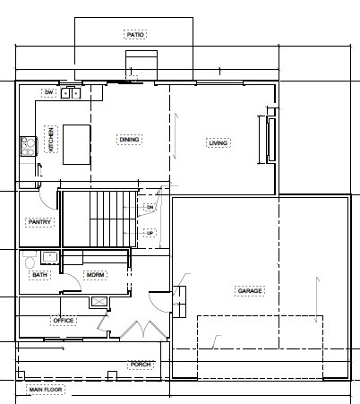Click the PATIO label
pyautogui.click(x=135, y=35)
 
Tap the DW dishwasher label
pyautogui.click(x=48, y=92)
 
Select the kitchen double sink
pyautogui.click(x=71, y=93)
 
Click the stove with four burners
pyautogui.click(x=28, y=146)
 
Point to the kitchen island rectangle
pyautogui.click(x=77, y=144)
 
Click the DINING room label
pyautogui.click(x=129, y=140)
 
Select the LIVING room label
pyautogui.click(x=219, y=143)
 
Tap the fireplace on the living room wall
pyautogui.click(x=269, y=140)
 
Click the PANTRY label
pyautogui.click(x=39, y=222)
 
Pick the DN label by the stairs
pyautogui.click(x=150, y=207)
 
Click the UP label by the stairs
pyautogui.click(x=150, y=233)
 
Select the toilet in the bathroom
pyautogui.click(x=30, y=260)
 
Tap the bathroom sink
pyautogui.click(x=50, y=258)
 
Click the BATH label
pyautogui.click(x=39, y=275)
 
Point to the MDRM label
pyautogui.click(x=95, y=275)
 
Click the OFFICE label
pyautogui.click(x=64, y=321)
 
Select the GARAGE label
pyautogui.click(x=250, y=291)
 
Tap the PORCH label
pyautogui.click(x=141, y=365)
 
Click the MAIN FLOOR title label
pyautogui.click(x=46, y=390)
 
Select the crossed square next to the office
pyautogui.click(x=99, y=302)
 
